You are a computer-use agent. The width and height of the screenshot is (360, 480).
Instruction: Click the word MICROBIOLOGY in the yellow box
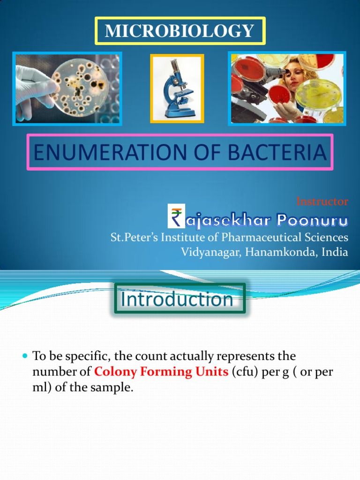tap(180, 31)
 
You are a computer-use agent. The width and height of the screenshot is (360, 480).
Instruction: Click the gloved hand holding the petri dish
tap(33, 89)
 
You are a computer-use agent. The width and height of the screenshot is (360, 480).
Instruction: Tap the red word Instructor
tap(322, 202)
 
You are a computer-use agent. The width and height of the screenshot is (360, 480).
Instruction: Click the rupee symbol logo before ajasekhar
tap(177, 218)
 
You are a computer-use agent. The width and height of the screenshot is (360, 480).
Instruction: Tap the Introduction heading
tap(177, 299)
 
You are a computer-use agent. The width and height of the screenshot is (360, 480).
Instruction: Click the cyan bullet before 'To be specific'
tap(26, 357)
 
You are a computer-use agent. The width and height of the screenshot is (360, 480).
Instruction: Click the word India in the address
tap(335, 252)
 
